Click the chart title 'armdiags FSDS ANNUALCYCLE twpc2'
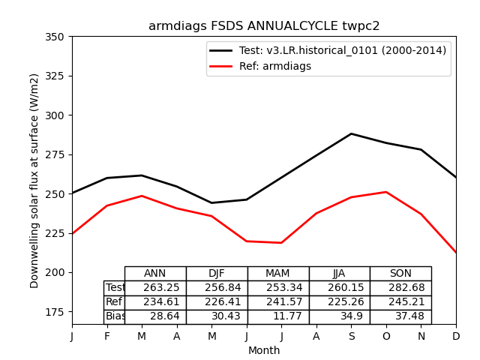point(264,26)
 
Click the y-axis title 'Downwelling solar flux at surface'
point(34,180)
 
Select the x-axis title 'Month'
point(264,350)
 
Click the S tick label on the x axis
point(351,337)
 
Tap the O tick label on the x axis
point(386,337)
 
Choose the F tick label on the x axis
point(107,337)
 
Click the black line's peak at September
point(351,133)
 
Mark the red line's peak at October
point(386,192)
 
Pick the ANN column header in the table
point(155,274)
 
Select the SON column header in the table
point(400,274)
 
